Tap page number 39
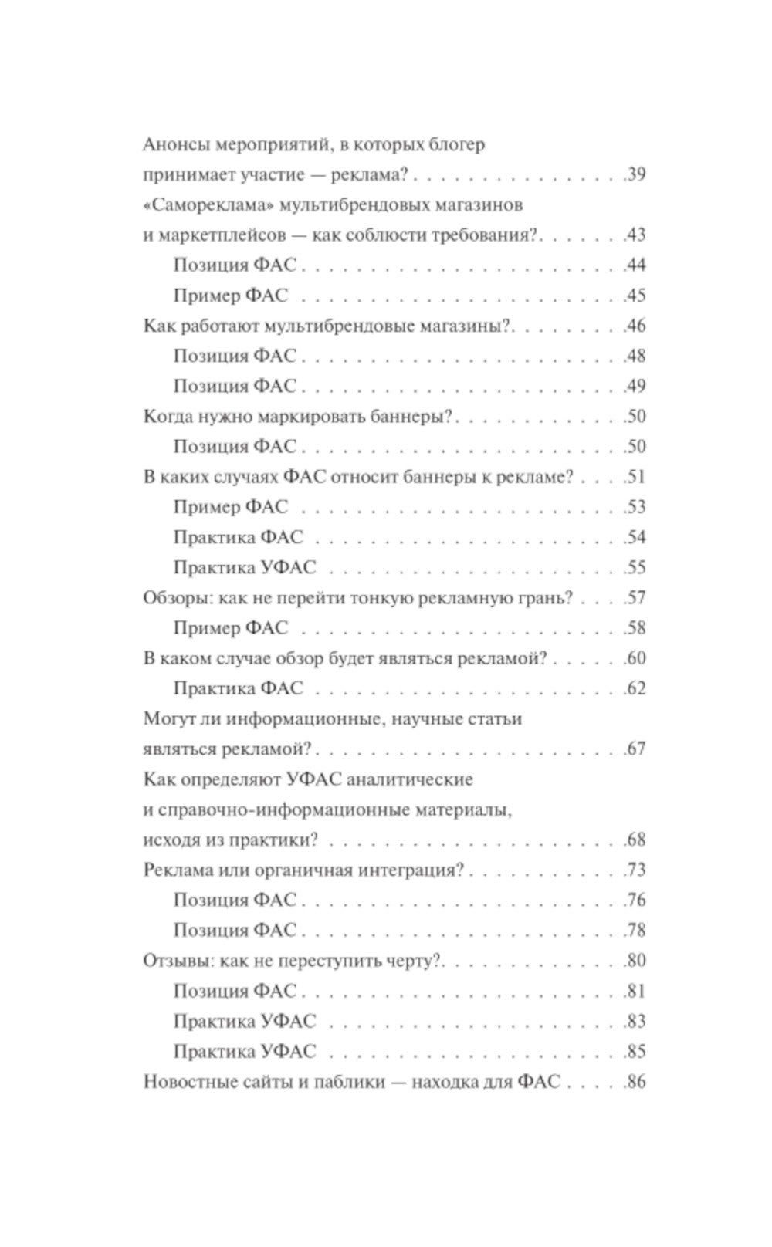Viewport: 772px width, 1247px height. tap(636, 174)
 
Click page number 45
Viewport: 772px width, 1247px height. tap(636, 296)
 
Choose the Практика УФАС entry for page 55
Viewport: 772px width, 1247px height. tap(245, 568)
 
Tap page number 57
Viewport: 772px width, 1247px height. tap(636, 598)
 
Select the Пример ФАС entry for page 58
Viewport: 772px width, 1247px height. tap(230, 628)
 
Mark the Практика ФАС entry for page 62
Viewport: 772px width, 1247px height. tap(239, 688)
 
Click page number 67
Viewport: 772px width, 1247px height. tap(636, 749)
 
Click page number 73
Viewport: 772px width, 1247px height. tap(636, 870)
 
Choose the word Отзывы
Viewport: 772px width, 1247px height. tap(177, 961)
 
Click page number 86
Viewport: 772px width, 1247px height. tap(636, 1082)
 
